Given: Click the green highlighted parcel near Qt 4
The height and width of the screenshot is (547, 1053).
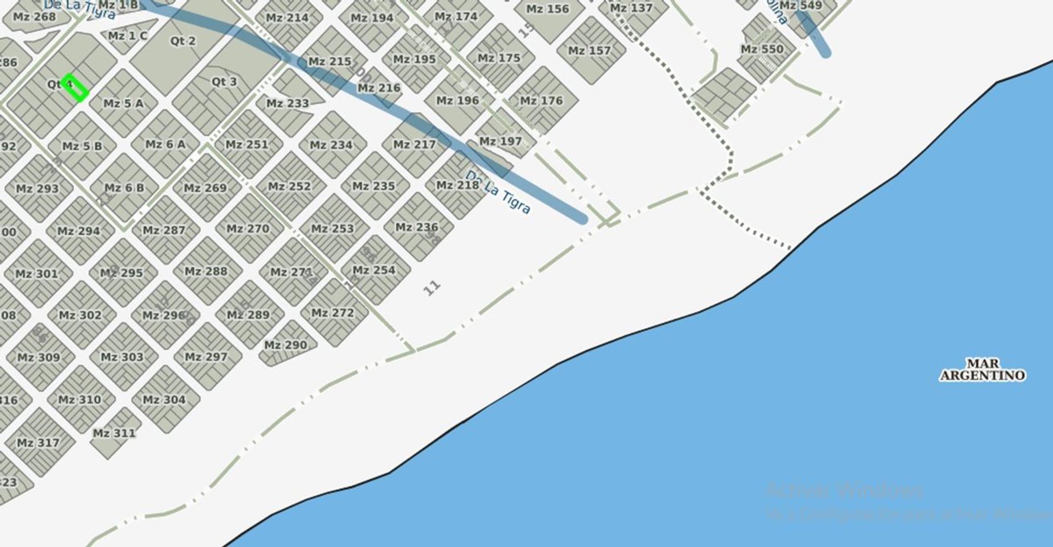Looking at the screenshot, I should (75, 87).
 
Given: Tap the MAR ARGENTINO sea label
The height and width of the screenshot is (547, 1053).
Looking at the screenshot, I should (982, 370).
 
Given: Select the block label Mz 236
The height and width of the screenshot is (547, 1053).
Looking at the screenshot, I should (416, 227).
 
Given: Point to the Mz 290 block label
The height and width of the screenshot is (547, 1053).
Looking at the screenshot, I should (285, 345).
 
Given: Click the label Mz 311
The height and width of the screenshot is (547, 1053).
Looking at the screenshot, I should (114, 434).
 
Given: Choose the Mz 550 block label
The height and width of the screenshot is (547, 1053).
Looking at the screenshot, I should (762, 50).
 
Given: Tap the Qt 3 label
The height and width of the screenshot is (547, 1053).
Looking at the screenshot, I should (224, 82).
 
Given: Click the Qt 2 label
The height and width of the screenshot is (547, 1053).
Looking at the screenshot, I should (183, 41).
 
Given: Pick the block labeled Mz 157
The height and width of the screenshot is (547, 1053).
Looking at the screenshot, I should (589, 51).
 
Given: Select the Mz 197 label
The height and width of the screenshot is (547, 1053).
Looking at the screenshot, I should (500, 141).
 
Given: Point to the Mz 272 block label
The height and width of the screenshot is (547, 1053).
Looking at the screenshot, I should (333, 313).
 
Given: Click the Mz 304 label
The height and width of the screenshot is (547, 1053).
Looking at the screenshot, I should (164, 400).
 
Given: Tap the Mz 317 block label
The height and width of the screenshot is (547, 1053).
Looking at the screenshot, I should (38, 443).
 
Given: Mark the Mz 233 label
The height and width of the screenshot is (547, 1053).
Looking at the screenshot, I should (287, 103).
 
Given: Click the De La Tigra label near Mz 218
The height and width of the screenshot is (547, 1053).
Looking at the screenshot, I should (498, 192).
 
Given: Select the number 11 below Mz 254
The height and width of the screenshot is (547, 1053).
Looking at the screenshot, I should (431, 288).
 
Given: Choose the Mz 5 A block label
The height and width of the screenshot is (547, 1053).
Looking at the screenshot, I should (123, 104).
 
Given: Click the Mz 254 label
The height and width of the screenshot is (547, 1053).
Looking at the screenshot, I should (374, 270).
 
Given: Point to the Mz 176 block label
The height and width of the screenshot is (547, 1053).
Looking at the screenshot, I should (541, 101).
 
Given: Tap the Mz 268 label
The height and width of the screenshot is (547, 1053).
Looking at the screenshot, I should (34, 17).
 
